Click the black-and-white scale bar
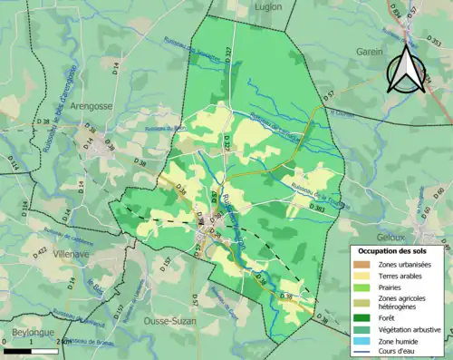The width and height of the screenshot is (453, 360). point(31,350)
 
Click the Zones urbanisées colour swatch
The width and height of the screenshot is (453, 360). point(361,263)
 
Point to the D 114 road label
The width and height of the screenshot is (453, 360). point(14,164)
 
